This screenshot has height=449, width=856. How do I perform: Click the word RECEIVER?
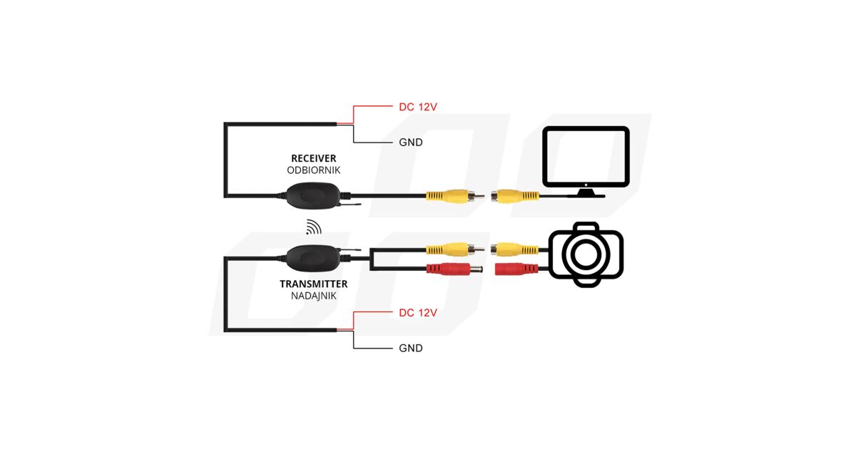tap(313, 158)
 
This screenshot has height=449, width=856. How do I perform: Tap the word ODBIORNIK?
tap(313, 170)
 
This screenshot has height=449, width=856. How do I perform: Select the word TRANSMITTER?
tap(313, 284)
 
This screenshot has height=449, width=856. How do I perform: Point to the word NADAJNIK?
tap(313, 295)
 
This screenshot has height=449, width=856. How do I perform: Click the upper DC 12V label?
tap(417, 107)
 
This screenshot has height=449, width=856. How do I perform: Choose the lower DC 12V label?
tap(417, 313)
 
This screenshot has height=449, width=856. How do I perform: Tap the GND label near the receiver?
tap(410, 143)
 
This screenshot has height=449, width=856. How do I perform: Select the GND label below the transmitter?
tap(410, 349)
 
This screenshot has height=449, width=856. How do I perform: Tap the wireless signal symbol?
tap(313, 227)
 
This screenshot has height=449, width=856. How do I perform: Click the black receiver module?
tap(312, 195)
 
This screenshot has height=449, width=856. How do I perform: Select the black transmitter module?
tap(312, 255)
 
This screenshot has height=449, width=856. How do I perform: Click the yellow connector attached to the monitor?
tap(515, 195)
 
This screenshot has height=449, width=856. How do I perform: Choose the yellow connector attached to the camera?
tap(515, 249)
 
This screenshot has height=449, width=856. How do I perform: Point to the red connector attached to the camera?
tap(515, 269)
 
